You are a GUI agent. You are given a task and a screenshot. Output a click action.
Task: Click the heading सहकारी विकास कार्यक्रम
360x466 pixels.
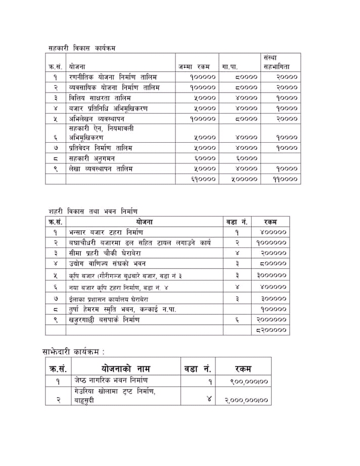[82, 48]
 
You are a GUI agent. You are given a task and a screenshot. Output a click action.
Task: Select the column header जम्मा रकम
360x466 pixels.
[194, 66]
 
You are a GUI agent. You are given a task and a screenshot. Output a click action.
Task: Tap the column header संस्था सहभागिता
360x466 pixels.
[277, 62]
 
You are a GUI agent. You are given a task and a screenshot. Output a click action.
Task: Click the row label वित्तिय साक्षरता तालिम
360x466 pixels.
[100, 98]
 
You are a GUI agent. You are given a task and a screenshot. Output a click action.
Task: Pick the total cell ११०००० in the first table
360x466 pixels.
[281, 179]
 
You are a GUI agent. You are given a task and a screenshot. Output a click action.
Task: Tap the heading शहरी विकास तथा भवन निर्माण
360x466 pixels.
[93, 210]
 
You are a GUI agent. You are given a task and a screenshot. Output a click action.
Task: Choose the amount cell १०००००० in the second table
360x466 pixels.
[271, 243]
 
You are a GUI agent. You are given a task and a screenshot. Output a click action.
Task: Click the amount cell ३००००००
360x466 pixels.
[271, 276]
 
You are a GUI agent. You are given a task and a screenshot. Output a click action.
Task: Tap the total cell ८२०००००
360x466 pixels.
[271, 330]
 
